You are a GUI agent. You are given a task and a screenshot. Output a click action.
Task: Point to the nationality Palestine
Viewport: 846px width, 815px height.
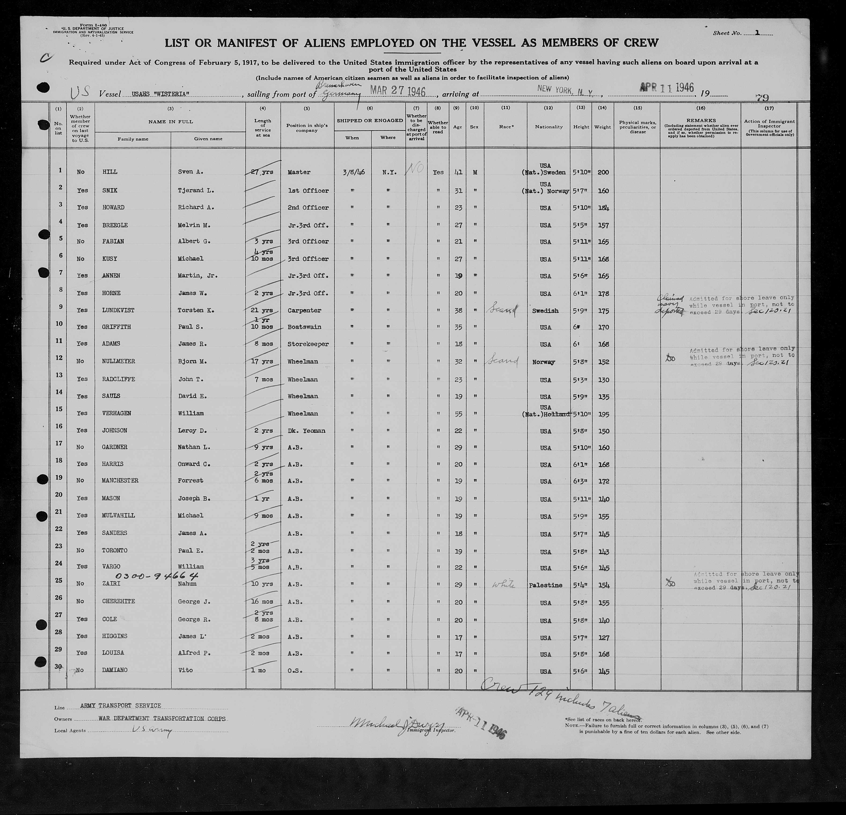coord(545,585)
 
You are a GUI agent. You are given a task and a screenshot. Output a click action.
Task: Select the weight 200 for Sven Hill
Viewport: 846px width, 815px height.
coord(603,172)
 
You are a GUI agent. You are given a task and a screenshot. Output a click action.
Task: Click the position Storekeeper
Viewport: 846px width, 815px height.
coord(308,344)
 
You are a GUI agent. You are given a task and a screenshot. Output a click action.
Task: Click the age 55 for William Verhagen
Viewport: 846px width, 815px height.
coord(458,414)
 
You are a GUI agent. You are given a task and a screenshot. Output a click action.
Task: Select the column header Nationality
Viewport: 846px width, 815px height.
coord(549,127)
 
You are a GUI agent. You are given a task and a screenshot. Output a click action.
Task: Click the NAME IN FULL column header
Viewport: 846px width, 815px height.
coord(171,122)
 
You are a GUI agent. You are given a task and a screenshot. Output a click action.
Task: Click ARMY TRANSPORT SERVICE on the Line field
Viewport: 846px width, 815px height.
coord(121,706)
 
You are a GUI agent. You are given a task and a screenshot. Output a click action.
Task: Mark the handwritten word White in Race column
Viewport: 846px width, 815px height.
coord(503,585)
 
